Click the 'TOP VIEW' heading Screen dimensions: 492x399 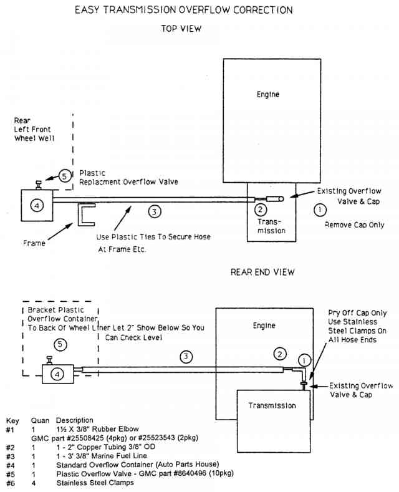point(181,29)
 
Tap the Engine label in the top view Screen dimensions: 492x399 point(268,95)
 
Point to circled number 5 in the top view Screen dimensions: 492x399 point(65,176)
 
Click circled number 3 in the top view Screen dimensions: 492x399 point(155,212)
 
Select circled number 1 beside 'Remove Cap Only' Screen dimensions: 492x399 point(319,210)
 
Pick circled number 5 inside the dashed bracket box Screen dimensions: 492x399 point(59,344)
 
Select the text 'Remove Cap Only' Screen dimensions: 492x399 point(354,224)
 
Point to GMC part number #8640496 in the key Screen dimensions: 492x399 point(193,473)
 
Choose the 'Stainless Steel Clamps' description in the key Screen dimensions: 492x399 point(94,482)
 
